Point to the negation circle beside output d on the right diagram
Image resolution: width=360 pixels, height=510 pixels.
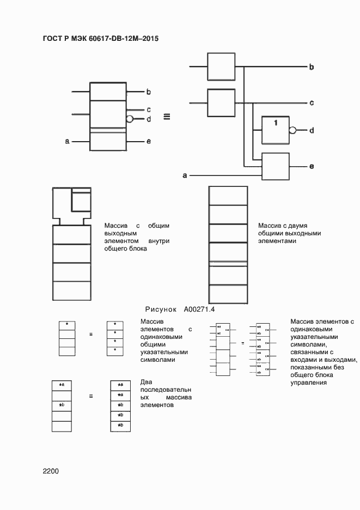tap(293, 130)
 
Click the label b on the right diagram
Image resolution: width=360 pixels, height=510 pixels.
tap(312, 67)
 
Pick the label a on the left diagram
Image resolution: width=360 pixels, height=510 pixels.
tap(68, 142)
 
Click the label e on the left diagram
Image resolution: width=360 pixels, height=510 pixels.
tap(148, 142)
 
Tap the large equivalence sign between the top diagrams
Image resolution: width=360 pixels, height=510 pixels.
tap(167, 116)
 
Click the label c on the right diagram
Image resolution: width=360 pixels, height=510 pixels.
tap(312, 102)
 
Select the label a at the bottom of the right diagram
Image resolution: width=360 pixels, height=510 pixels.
tap(185, 175)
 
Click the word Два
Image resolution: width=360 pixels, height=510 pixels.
tap(146, 382)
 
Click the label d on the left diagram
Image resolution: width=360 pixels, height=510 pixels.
tap(148, 119)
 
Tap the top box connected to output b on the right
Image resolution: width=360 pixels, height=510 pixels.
tap(220, 67)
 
